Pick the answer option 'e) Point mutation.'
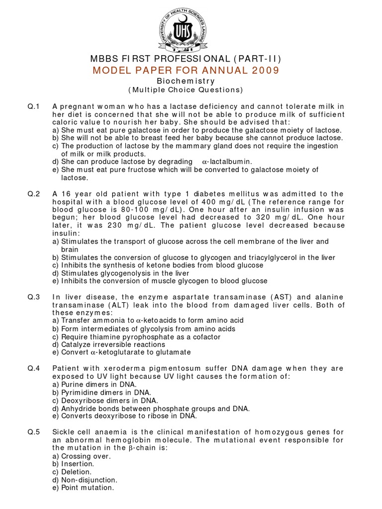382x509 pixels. pos(83,488)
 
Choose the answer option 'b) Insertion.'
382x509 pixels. pos(73,464)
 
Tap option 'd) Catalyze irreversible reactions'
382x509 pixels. pos(108,344)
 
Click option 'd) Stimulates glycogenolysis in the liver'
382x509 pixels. pos(120,273)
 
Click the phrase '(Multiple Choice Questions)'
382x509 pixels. pos(186,90)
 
